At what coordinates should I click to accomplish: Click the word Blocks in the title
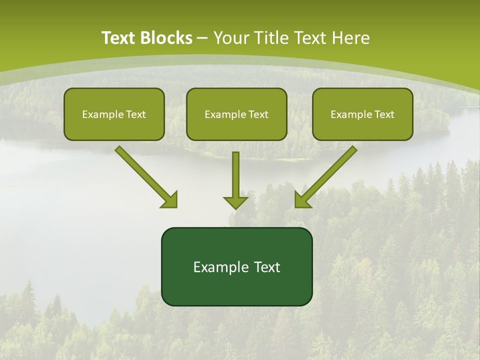[167, 38]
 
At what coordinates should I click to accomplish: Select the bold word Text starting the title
[120, 38]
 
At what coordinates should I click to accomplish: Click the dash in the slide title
[202, 38]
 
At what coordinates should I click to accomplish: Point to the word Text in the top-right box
[384, 114]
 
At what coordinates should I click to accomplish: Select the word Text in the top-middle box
[258, 114]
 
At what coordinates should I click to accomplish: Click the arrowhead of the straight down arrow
[235, 202]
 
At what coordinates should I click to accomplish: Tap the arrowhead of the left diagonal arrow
[170, 200]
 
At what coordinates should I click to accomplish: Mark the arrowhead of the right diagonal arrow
[302, 200]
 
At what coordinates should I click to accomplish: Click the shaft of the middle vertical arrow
[235, 172]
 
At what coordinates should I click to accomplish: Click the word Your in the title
[231, 38]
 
